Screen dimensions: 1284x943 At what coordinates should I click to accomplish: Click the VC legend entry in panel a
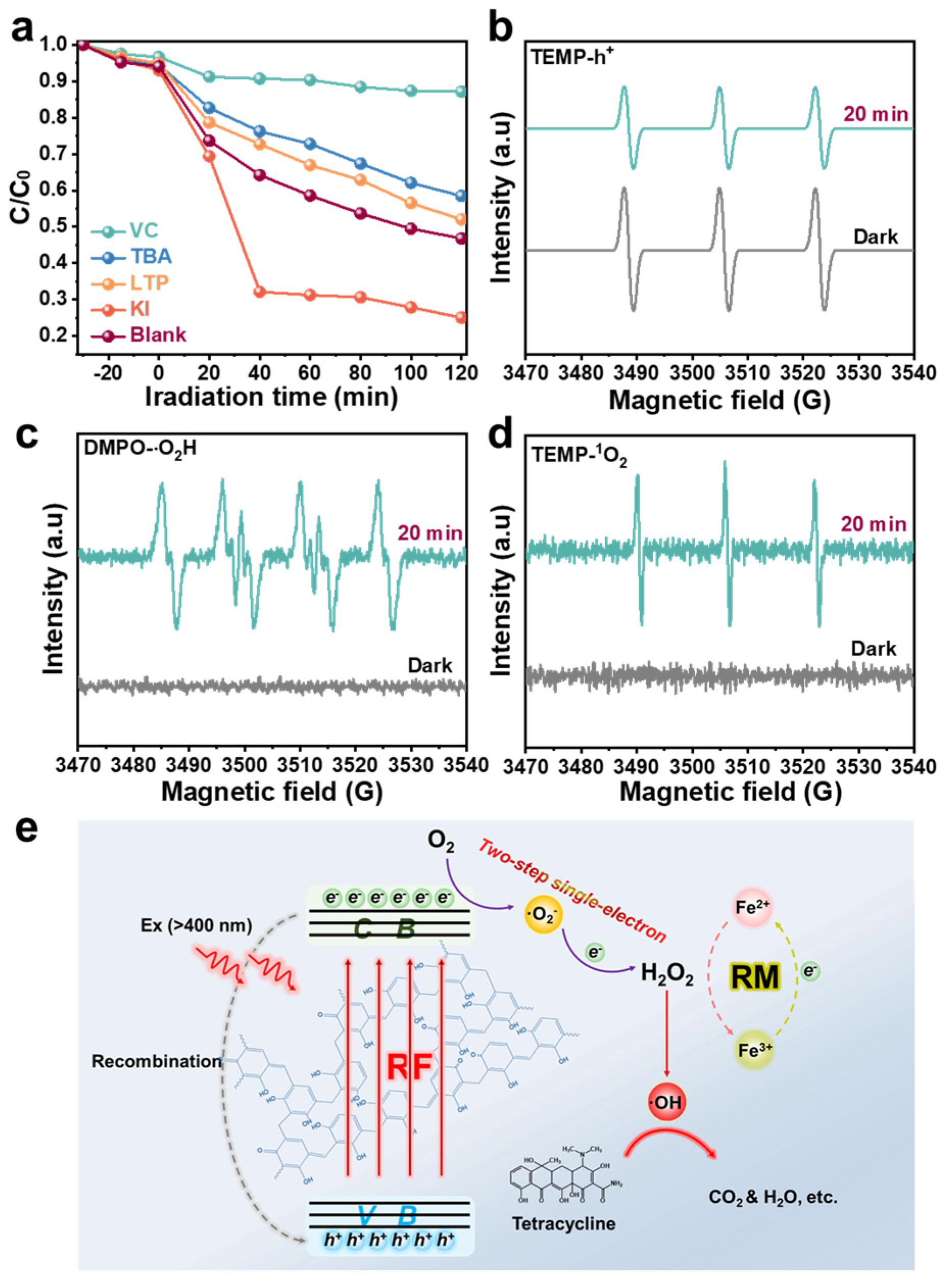143,231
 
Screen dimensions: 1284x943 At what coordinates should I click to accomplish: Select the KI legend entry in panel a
139,309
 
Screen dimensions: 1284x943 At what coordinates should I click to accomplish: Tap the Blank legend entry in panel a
158,335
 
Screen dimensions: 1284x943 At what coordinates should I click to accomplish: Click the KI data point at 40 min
260,292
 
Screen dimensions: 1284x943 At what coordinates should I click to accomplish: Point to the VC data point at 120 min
461,91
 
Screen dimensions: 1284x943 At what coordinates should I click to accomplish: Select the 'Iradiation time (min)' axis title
271,396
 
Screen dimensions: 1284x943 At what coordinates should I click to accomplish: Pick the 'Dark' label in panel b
876,237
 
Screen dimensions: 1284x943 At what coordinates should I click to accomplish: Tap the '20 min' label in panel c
430,533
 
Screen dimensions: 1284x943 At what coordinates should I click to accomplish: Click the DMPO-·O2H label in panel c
140,448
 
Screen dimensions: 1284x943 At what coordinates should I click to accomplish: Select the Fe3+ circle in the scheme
754,1050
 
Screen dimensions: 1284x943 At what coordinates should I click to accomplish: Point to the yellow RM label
755,977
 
